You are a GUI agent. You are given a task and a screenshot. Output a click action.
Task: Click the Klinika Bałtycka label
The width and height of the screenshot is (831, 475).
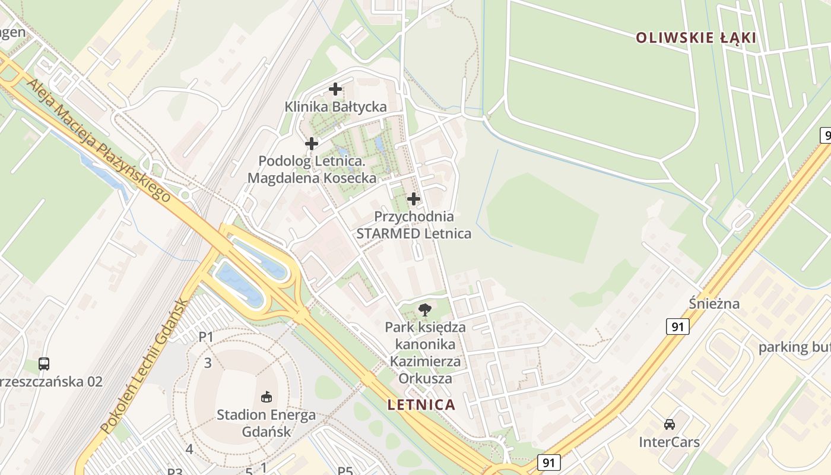[335, 107]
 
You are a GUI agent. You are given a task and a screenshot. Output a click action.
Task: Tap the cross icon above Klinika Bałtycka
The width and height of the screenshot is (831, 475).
[335, 90]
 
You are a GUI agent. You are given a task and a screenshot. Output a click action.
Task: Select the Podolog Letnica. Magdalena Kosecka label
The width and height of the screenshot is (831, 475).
[312, 169]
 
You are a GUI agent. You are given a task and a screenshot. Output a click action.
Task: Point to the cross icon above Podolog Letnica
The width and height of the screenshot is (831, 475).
[312, 144]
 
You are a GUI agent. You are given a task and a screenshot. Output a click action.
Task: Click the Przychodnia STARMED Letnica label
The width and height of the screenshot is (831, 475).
[414, 225]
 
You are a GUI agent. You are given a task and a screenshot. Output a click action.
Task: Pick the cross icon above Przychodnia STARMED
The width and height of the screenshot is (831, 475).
[414, 198]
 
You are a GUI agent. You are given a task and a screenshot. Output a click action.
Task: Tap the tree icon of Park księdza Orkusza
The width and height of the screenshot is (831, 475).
[424, 309]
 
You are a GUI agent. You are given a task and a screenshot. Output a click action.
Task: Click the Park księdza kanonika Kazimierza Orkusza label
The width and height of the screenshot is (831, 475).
[425, 353]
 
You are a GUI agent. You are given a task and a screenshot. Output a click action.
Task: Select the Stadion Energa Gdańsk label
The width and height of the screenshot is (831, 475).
[266, 423]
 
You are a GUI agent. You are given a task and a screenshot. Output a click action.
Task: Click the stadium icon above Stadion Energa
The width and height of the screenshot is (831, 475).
[266, 396]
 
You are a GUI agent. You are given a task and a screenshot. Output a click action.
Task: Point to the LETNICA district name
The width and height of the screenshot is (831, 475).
[421, 405]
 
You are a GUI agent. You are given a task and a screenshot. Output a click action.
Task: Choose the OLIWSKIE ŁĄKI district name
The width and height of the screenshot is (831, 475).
[696, 38]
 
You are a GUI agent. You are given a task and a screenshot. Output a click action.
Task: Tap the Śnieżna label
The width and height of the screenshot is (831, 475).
[714, 304]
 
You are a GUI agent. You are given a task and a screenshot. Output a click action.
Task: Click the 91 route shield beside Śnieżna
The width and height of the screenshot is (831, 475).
[677, 326]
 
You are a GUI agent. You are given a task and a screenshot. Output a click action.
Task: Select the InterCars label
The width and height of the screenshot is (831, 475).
[669, 442]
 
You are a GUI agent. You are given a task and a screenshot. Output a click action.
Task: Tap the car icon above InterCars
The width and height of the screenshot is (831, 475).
[670, 425]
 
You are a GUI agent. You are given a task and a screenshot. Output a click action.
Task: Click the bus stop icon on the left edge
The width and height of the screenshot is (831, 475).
[44, 363]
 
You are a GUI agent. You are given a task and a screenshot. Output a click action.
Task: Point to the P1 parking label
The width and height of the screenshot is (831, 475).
[205, 337]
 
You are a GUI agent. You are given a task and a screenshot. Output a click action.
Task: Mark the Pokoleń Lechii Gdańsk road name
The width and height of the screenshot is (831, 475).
[144, 366]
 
